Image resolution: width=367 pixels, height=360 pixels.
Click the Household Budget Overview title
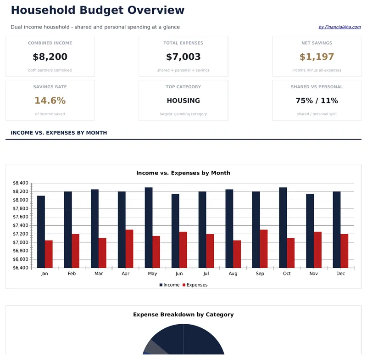click(97, 10)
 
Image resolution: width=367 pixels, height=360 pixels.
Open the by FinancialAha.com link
click(339, 27)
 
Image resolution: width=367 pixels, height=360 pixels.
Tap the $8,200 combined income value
click(50, 57)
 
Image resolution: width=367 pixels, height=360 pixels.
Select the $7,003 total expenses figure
click(183, 57)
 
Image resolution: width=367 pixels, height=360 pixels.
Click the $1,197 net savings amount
click(317, 57)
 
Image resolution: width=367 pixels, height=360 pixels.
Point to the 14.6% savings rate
click(50, 101)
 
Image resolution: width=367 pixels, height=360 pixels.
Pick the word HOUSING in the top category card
click(183, 101)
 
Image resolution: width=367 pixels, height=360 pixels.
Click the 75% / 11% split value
click(317, 101)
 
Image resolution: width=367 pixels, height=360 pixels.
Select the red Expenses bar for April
click(129, 248)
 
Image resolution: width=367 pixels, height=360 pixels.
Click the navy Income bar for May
click(149, 227)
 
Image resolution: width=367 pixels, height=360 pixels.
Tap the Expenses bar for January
click(49, 254)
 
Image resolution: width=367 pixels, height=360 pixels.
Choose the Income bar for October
click(283, 227)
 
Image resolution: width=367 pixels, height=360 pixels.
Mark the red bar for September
click(264, 248)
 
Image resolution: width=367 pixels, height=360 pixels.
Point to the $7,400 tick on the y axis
click(21, 225)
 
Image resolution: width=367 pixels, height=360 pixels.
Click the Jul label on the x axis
click(206, 273)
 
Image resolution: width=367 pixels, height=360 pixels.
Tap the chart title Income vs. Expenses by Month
click(183, 173)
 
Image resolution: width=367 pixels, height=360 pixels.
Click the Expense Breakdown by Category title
click(183, 315)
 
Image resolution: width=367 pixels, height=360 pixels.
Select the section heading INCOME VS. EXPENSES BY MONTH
click(59, 133)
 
